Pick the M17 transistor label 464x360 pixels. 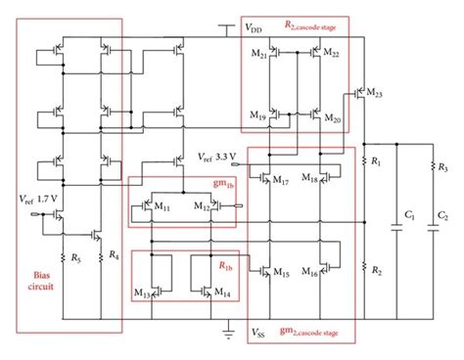282,181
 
